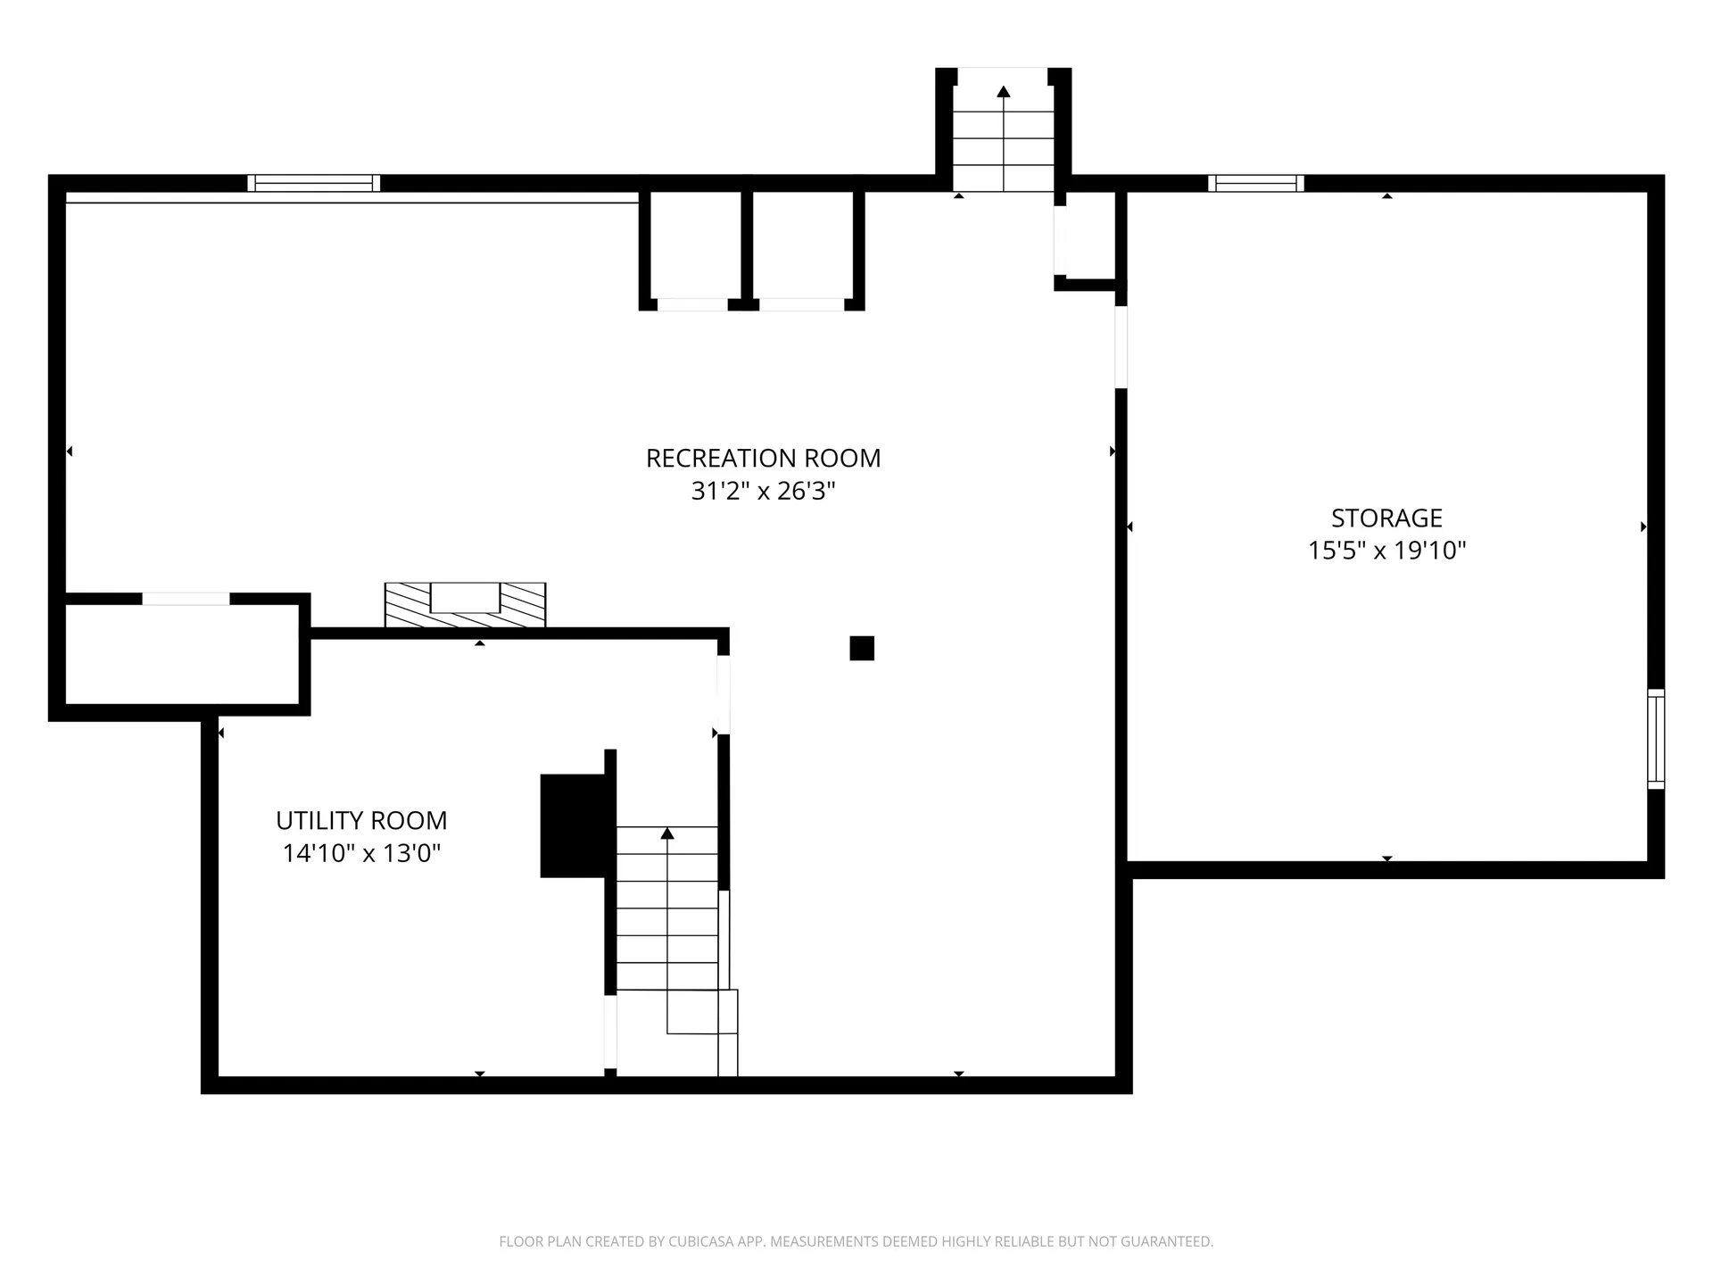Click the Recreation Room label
click(763, 458)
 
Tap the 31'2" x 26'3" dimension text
click(763, 491)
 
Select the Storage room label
click(1386, 518)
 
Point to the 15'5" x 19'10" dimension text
click(1386, 551)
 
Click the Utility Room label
click(361, 820)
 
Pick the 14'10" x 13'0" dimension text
click(361, 854)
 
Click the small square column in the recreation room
click(862, 648)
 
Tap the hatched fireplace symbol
click(465, 604)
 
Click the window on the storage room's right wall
click(1656, 739)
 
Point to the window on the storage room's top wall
click(1256, 184)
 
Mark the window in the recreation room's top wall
click(314, 184)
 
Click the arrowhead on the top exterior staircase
click(1004, 91)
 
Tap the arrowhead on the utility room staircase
click(667, 833)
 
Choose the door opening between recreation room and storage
click(1121, 347)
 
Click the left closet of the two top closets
click(692, 245)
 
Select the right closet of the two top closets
click(803, 245)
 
